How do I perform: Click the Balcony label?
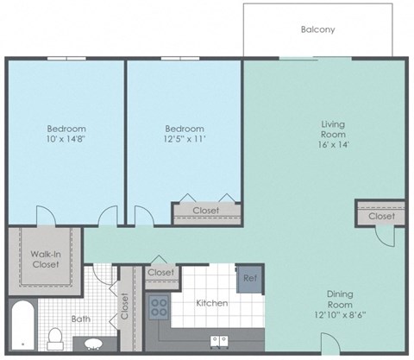tap(317, 29)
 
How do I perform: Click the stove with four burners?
tap(160, 306)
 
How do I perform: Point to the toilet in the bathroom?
tap(55, 338)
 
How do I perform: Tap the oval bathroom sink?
tap(91, 344)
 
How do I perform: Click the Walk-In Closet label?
tap(45, 258)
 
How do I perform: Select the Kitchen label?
tap(211, 303)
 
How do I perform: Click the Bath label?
tap(81, 319)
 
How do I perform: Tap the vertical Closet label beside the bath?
tap(125, 306)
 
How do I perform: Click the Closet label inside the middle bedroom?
tap(205, 211)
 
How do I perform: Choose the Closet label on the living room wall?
tap(380, 216)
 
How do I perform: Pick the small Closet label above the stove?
tap(160, 273)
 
